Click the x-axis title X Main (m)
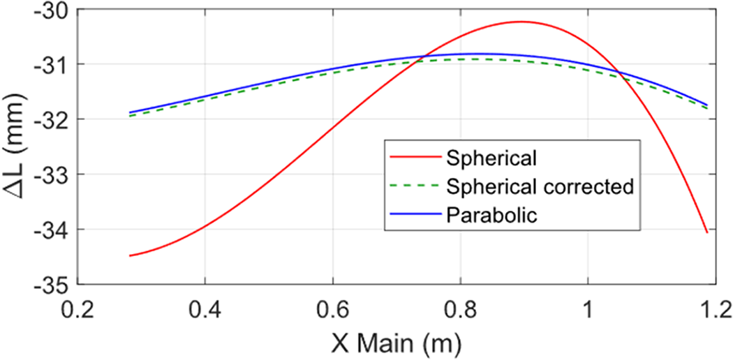[396, 342]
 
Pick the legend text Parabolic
[491, 215]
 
